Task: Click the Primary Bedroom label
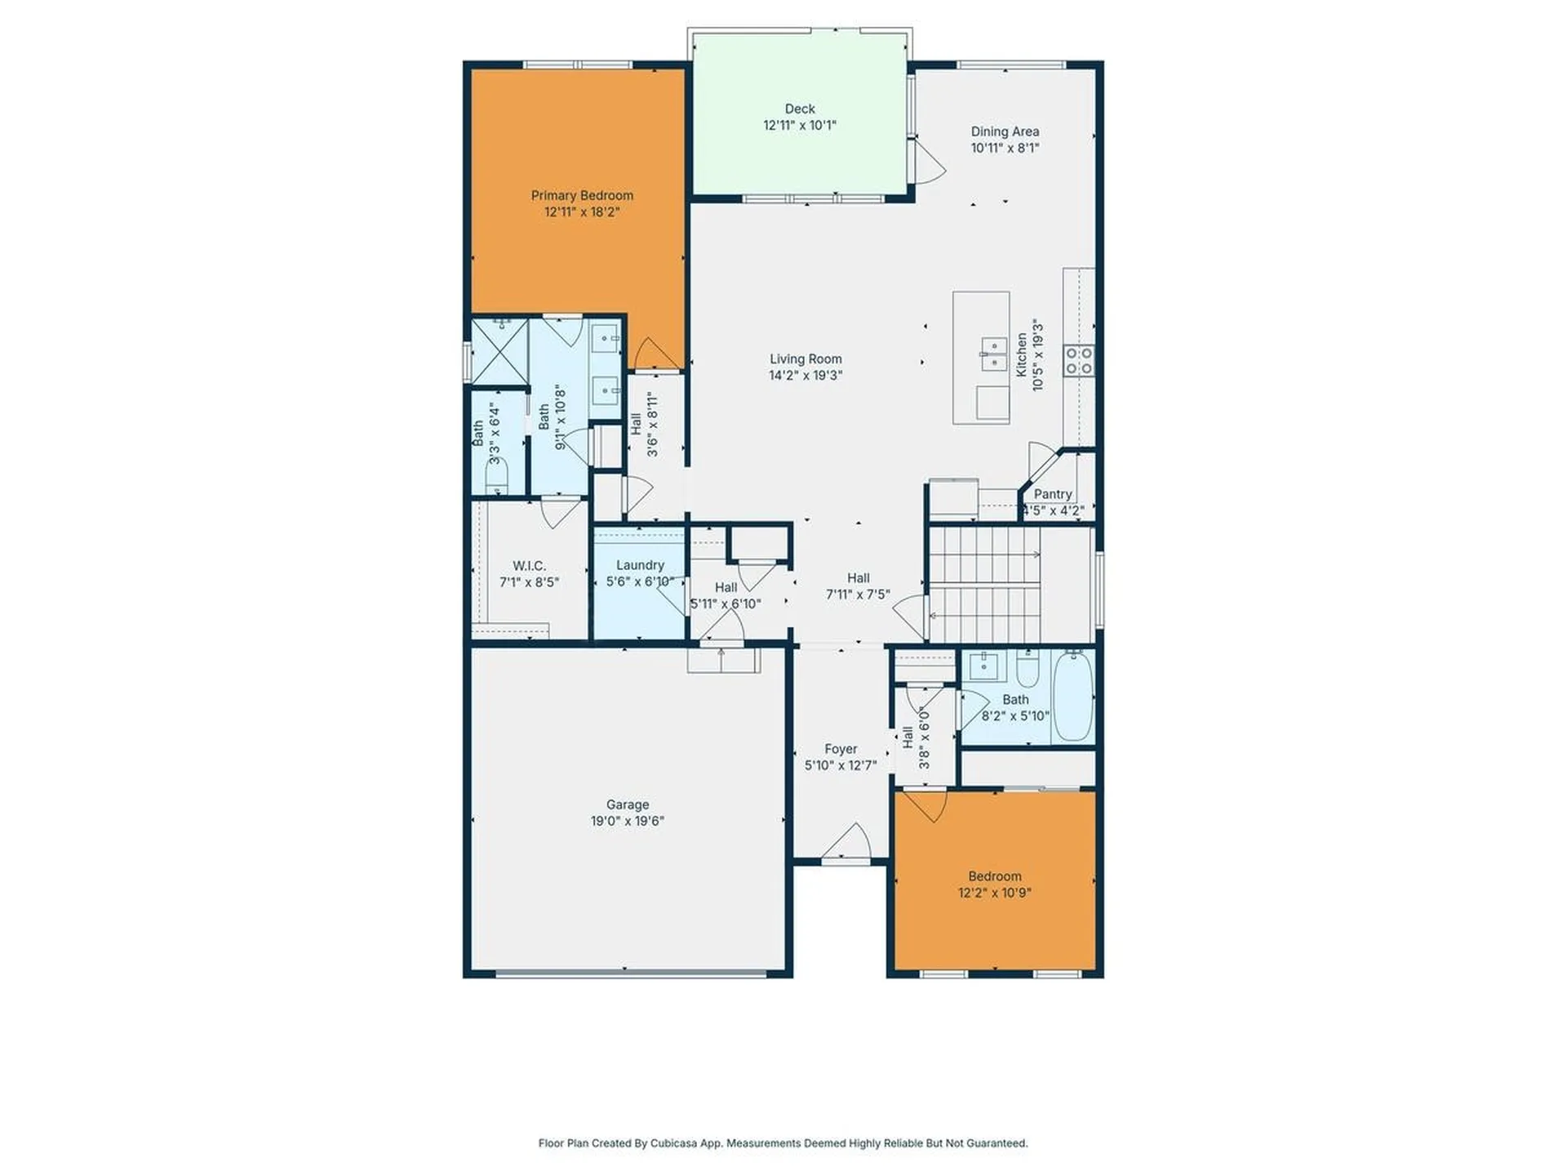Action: pos(582,195)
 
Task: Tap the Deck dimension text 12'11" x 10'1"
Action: pos(799,126)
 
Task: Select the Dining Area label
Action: pos(1005,131)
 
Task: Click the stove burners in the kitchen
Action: pos(1078,361)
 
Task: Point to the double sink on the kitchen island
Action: pos(993,354)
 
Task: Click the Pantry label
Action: pos(1052,494)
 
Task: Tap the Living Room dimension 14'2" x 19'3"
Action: pos(805,376)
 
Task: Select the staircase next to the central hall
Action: pos(985,585)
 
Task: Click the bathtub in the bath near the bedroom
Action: pos(1072,696)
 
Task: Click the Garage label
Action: pos(627,804)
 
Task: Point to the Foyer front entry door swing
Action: pos(849,843)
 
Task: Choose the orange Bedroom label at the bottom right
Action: pos(994,876)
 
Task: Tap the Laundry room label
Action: pos(640,565)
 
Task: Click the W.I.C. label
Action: pos(529,566)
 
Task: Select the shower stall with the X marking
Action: pos(499,352)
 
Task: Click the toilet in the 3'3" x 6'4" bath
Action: pos(496,476)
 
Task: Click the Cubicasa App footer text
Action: pos(783,1143)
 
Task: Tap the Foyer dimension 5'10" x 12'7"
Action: pos(840,766)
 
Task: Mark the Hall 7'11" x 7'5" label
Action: pos(858,578)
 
